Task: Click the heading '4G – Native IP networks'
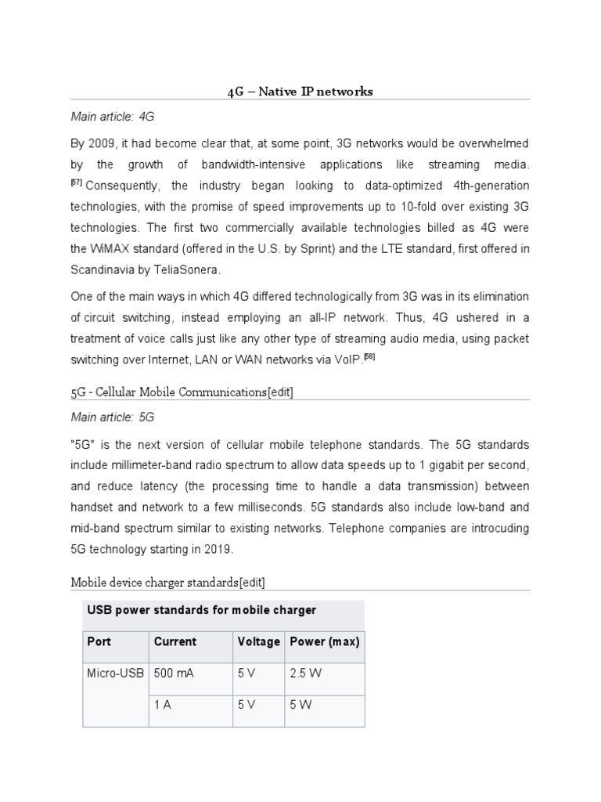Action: pyautogui.click(x=300, y=92)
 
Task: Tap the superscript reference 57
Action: pyautogui.click(x=77, y=182)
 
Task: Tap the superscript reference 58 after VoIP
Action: pyautogui.click(x=370, y=356)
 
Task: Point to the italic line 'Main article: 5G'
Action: pyautogui.click(x=113, y=417)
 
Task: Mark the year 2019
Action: pyautogui.click(x=218, y=549)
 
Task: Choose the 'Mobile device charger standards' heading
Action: pyautogui.click(x=167, y=583)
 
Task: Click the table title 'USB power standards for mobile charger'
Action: pyautogui.click(x=201, y=610)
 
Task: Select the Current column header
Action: pyautogui.click(x=175, y=641)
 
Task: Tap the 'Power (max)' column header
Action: pyautogui.click(x=324, y=641)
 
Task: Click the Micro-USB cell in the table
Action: pyautogui.click(x=115, y=673)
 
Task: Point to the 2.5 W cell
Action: pyautogui.click(x=305, y=673)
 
